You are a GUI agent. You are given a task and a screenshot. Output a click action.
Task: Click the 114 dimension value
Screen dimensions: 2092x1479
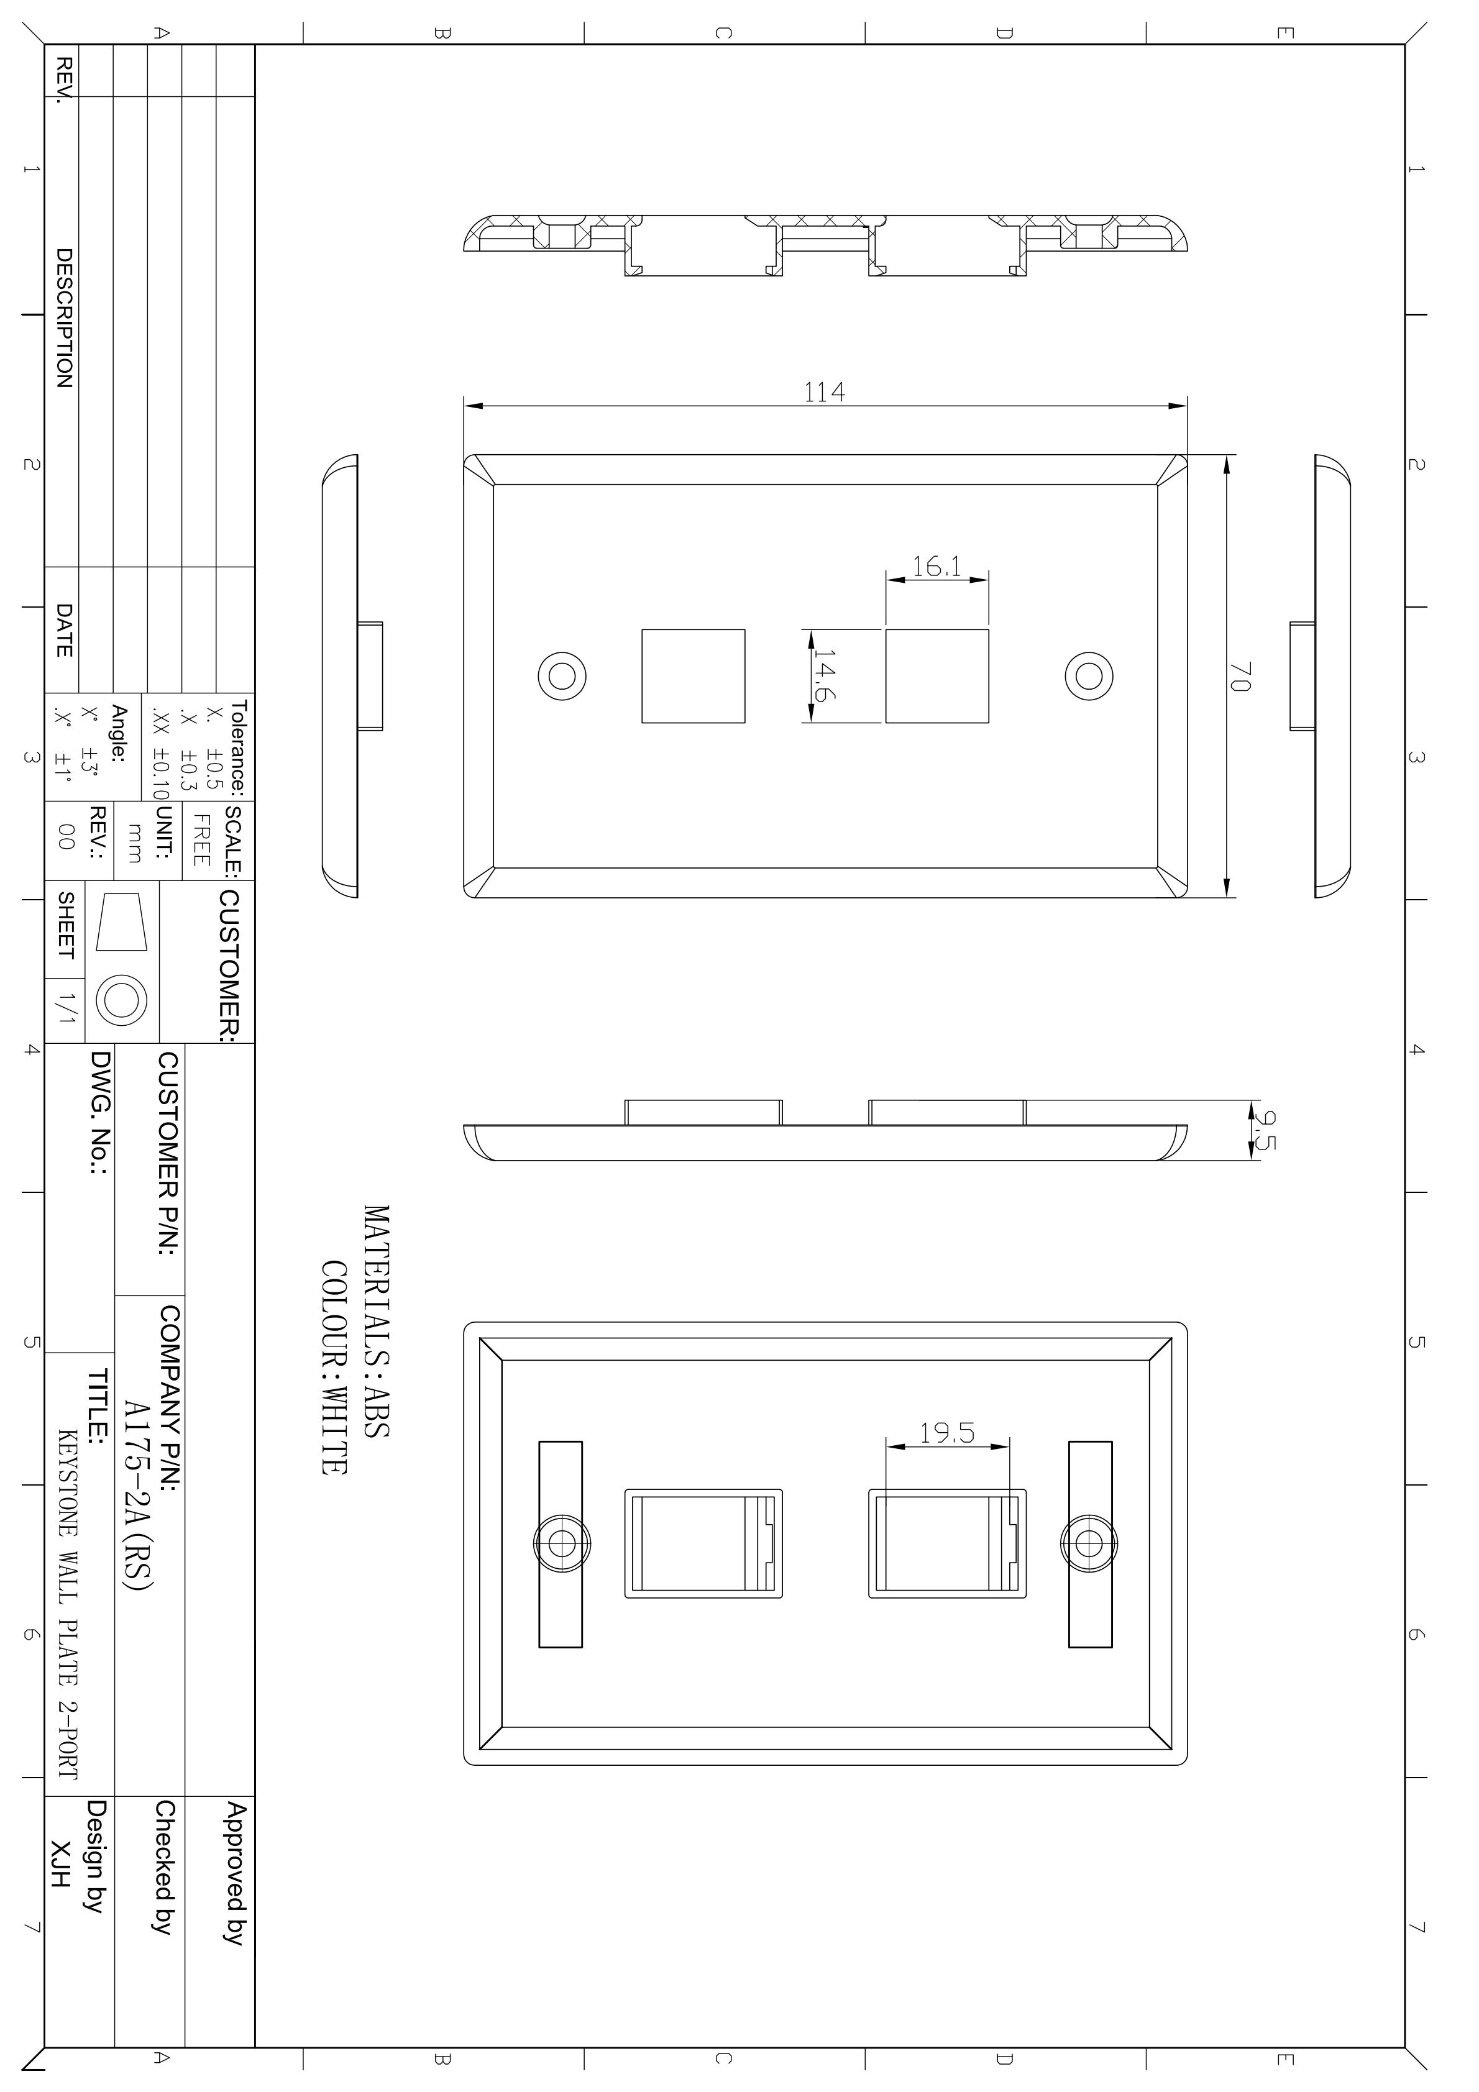click(x=824, y=392)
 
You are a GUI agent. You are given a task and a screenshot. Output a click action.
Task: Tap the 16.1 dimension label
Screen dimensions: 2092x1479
click(x=936, y=567)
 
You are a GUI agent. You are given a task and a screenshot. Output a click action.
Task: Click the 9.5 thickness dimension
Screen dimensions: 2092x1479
click(x=1264, y=1129)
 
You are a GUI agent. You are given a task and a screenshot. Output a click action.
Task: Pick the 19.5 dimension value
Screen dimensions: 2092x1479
click(x=947, y=1433)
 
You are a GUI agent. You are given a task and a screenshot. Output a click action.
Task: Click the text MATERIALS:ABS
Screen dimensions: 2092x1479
click(x=377, y=1321)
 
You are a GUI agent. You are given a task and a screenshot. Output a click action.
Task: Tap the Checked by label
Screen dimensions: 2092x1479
click(x=164, y=1866)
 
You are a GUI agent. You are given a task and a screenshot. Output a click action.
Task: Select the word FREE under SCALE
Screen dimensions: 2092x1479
click(x=201, y=840)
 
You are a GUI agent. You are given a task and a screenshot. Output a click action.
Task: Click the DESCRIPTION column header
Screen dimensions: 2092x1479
click(x=64, y=318)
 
